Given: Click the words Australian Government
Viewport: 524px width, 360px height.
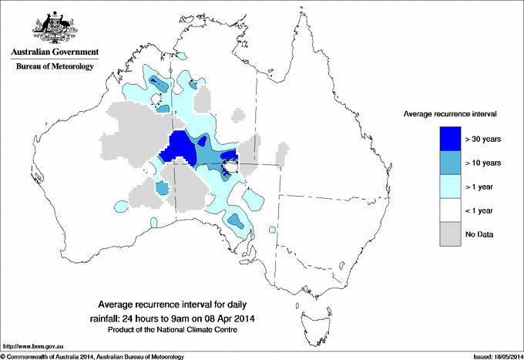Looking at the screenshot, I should (x=52, y=53).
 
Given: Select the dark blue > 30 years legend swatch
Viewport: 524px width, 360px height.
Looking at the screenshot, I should (x=451, y=139).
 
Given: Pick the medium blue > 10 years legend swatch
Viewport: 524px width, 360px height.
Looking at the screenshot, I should (x=451, y=163).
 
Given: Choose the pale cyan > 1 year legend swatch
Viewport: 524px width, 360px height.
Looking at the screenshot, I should (x=451, y=187).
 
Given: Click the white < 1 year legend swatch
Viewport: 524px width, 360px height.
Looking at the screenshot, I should (x=451, y=210).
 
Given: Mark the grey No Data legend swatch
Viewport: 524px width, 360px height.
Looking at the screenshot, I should (x=451, y=234).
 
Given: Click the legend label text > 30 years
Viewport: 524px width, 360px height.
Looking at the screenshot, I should (x=484, y=140).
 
